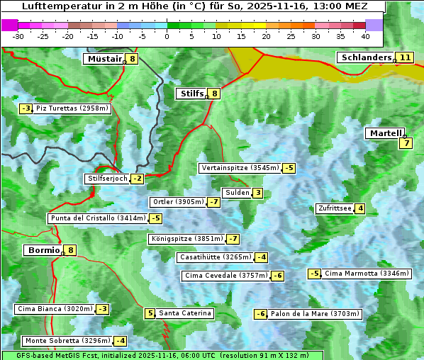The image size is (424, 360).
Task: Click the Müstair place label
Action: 104,59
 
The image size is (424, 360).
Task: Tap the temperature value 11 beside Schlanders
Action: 405,57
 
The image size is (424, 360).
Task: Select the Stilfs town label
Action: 191,93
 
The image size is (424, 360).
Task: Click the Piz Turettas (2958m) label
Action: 72,108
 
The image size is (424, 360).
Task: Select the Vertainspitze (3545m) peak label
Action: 240,168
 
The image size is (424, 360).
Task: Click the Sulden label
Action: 237,193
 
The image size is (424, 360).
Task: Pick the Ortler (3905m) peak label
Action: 178,202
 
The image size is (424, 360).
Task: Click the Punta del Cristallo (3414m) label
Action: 97,218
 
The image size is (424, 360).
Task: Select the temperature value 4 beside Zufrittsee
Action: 360,208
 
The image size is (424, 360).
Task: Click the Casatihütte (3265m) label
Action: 215,257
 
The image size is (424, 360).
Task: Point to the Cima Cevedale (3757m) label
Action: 225,276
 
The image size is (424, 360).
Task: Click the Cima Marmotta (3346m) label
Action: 366,274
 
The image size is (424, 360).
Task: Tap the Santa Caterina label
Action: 185,313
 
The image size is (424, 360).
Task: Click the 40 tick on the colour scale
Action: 364,35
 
